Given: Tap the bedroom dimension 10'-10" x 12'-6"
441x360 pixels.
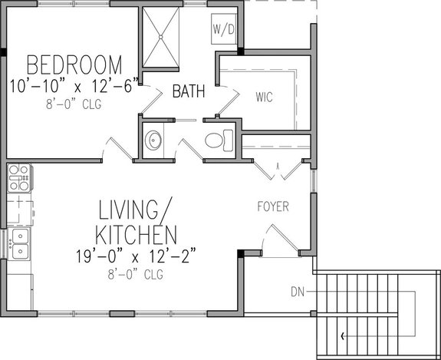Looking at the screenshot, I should point(74,86).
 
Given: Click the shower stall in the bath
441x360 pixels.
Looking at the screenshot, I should point(161,34).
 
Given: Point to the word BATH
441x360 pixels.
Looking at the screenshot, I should point(189,92).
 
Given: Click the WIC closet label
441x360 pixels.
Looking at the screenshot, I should point(264,97).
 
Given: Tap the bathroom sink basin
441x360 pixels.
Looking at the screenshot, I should point(153,140).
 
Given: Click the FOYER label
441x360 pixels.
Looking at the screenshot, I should point(272,206).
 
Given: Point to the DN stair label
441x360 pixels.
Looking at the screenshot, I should point(298,292).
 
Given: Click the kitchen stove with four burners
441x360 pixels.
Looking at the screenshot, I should point(18,178).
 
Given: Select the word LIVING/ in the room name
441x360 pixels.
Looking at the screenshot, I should point(137,210).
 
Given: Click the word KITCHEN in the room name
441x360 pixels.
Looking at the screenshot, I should point(137,233).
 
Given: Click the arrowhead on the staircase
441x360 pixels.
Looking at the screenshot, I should point(342,335).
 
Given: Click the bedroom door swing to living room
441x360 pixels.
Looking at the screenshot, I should point(115,150).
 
